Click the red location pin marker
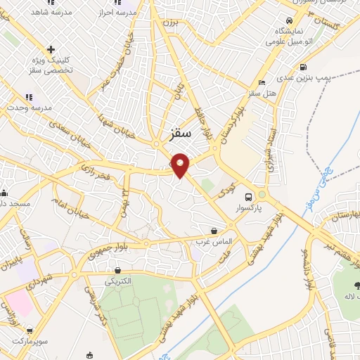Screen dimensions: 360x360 [x=181, y=165]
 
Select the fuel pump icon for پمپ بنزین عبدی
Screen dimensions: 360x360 [x=302, y=68]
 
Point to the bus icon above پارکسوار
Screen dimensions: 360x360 [x=248, y=197]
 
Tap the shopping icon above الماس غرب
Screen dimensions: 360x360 [x=214, y=230]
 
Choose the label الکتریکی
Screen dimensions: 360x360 [x=117, y=281]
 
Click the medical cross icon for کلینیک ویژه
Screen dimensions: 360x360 [x=50, y=49]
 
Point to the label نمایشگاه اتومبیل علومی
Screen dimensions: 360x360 [x=289, y=37]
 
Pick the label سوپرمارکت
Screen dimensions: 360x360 [x=28, y=341]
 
